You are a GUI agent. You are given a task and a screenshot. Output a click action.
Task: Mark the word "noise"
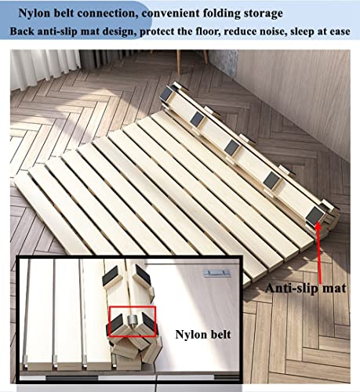point(262,31)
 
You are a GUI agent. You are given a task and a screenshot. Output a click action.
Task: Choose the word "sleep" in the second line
point(294,31)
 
